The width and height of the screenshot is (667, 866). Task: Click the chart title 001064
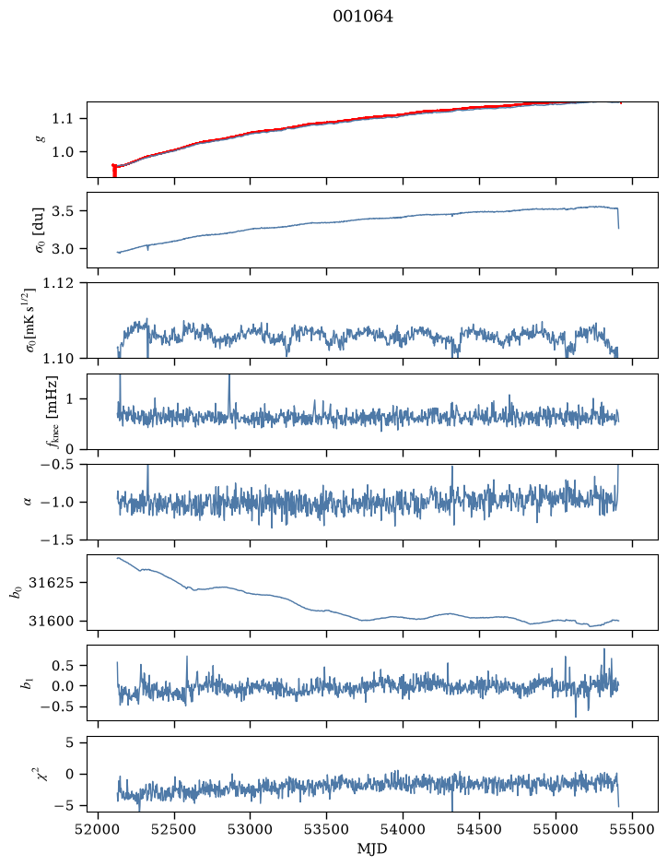[363, 17]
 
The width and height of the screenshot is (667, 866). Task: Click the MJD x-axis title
[372, 848]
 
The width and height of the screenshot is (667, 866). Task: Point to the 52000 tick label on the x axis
[99, 829]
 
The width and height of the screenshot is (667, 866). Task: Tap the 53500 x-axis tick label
[327, 829]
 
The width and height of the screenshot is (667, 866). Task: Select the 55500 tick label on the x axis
[632, 829]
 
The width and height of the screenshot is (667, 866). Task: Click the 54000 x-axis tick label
[403, 829]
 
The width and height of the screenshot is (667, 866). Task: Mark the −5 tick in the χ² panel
[65, 806]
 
